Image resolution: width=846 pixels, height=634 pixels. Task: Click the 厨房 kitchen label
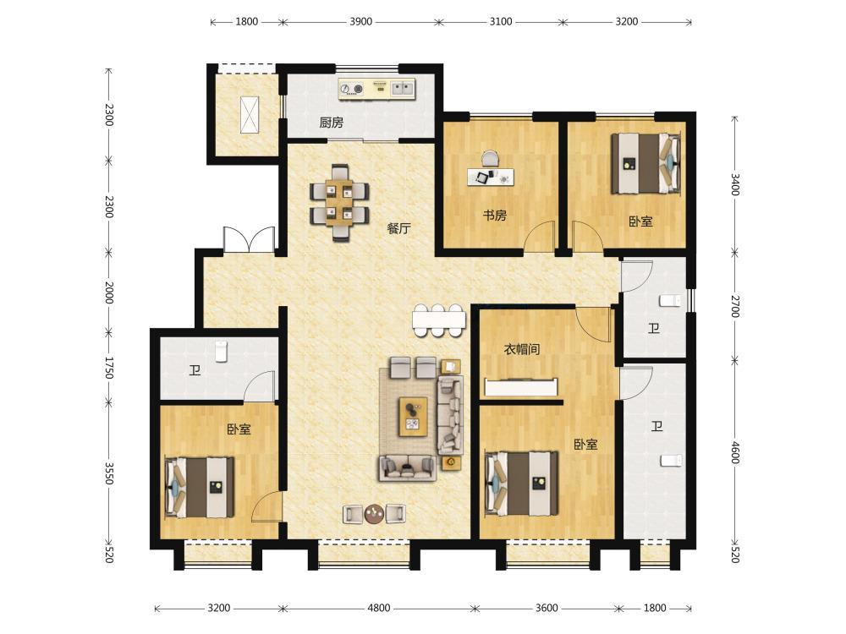coord(331,123)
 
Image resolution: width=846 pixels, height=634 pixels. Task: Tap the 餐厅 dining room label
coord(398,228)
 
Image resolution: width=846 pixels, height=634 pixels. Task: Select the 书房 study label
coord(494,216)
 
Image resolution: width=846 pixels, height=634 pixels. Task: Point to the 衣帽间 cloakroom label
coord(522,349)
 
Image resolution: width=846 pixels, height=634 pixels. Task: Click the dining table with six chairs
coord(339,202)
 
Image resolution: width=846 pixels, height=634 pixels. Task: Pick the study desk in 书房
coord(491,176)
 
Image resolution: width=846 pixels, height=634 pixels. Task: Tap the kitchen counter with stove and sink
coord(377,90)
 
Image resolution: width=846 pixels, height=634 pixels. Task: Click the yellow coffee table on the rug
coord(414,417)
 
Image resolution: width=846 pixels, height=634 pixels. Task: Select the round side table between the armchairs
coord(374,514)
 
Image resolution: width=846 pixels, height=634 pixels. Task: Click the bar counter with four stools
coord(438,320)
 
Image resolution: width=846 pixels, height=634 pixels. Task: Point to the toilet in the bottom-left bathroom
coord(221,351)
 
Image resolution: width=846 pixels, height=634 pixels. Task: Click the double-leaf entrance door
coord(249,239)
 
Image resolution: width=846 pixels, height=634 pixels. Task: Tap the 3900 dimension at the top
coord(361,22)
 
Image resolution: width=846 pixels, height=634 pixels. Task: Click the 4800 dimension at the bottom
coord(379,608)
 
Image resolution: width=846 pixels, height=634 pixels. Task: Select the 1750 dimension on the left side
coord(109,367)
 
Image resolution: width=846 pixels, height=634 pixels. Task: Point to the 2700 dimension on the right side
coord(735,306)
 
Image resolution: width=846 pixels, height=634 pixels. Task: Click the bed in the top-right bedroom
coord(645,163)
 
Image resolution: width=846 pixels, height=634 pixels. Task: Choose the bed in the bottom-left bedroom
coord(200,488)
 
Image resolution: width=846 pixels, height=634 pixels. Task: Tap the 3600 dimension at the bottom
coord(547,608)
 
